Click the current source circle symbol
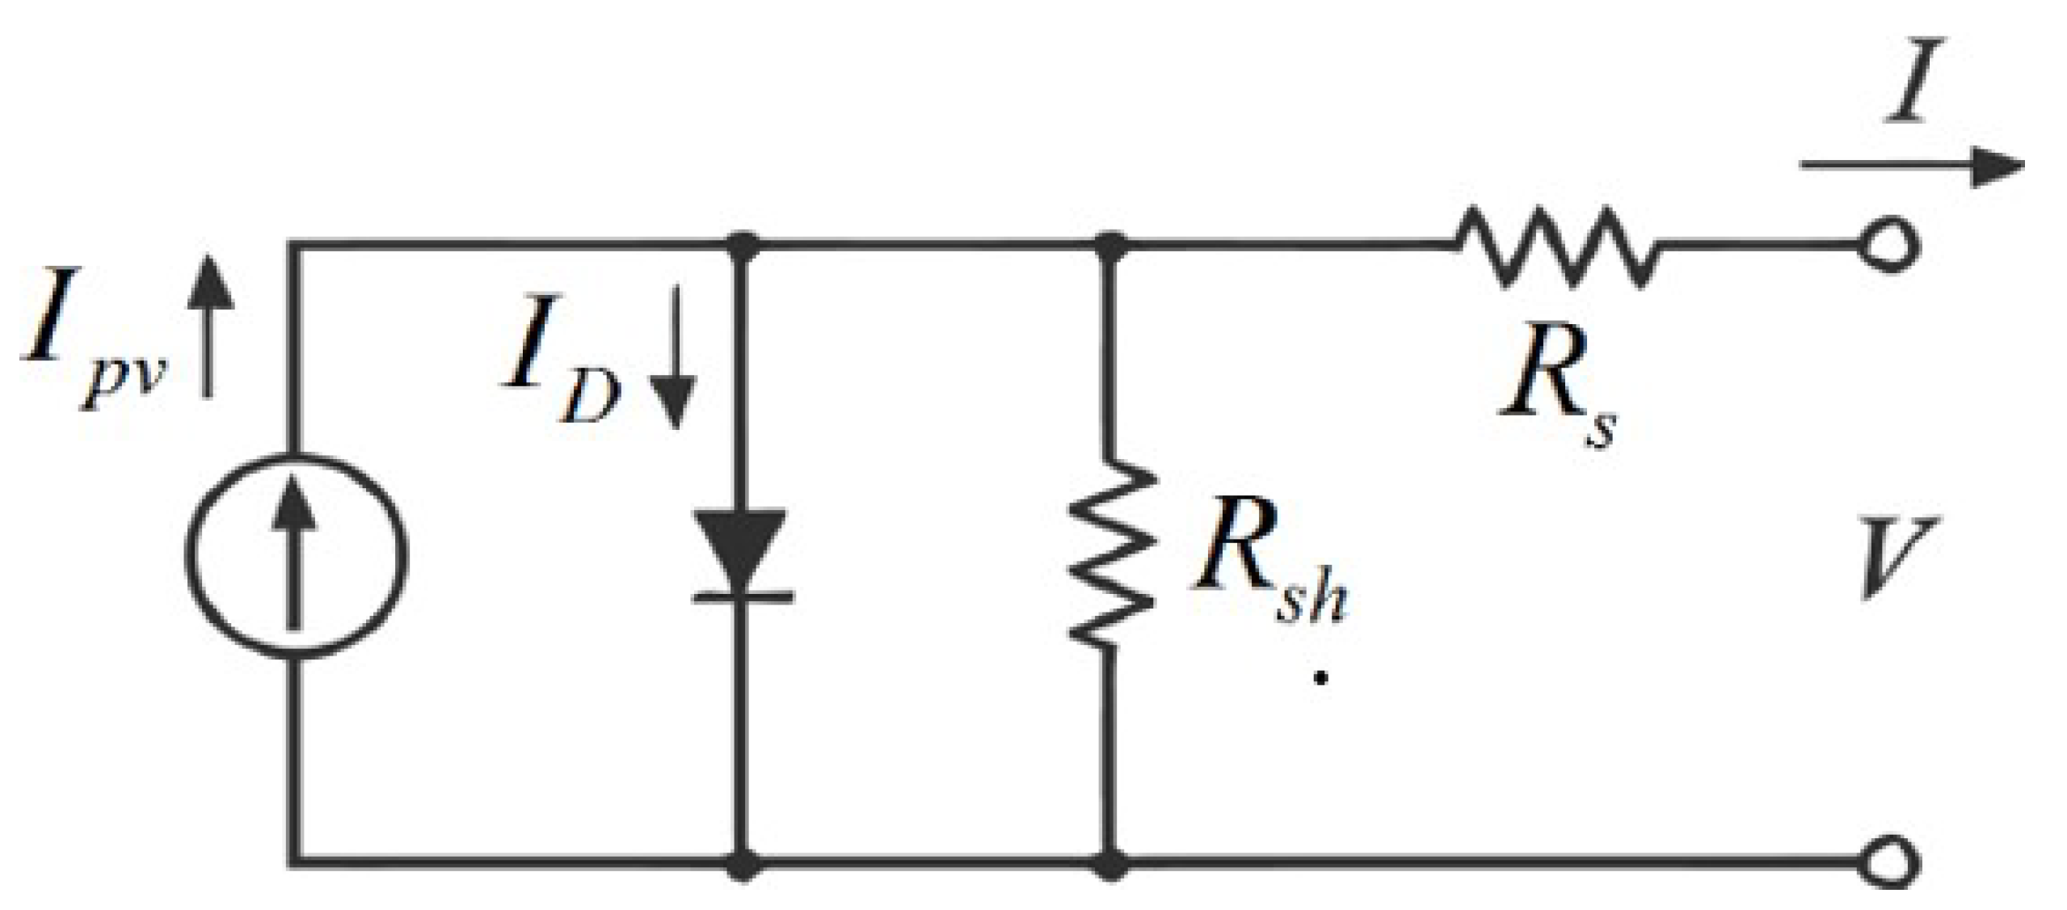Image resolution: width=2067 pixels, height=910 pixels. pyautogui.click(x=296, y=556)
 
